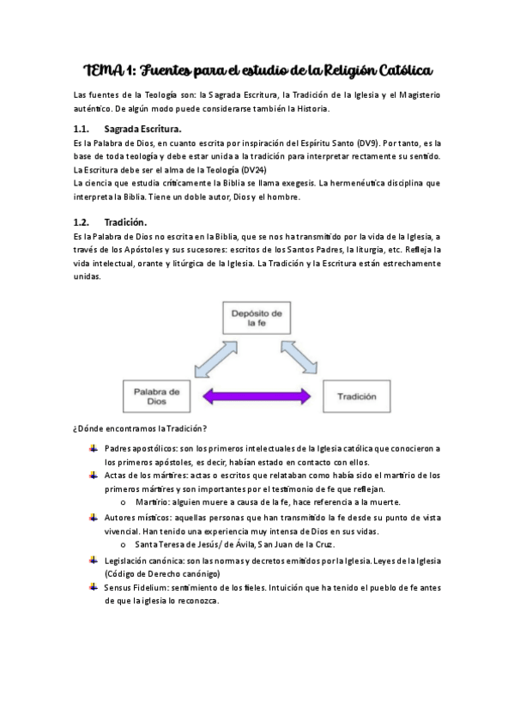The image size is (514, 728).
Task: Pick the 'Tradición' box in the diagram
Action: pyautogui.click(x=356, y=397)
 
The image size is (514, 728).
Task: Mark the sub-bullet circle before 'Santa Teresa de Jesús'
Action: pyautogui.click(x=124, y=544)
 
